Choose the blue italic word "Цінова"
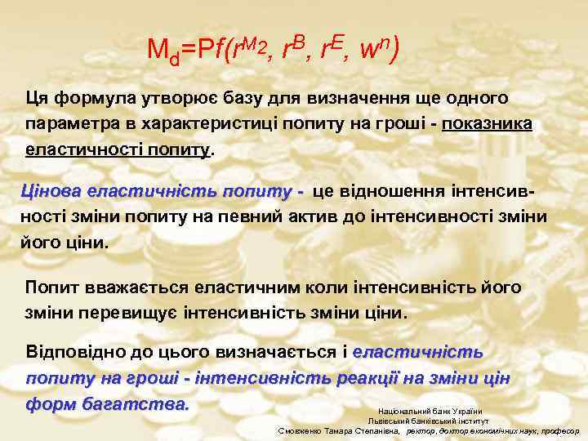(x=51, y=191)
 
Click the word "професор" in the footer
(x=563, y=430)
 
